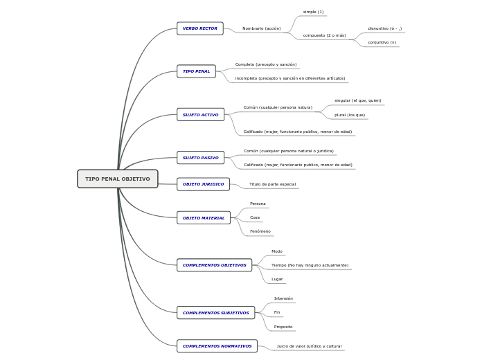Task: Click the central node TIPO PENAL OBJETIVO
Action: [x=118, y=179]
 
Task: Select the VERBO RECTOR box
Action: [x=200, y=28]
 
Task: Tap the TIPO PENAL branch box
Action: [x=196, y=71]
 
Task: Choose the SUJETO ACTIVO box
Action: [x=200, y=114]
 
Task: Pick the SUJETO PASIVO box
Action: [x=200, y=158]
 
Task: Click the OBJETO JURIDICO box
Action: [x=203, y=184]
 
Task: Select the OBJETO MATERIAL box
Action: [x=204, y=218]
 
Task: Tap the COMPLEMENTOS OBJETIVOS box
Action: [x=214, y=265]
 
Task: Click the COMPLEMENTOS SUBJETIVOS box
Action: [x=215, y=313]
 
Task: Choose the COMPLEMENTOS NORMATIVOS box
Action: [x=217, y=346]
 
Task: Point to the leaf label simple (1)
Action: [x=313, y=12]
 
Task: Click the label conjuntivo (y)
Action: [x=382, y=42]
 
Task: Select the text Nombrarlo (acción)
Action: [x=261, y=28]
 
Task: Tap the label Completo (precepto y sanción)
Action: [x=266, y=64]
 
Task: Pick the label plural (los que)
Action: [x=350, y=115]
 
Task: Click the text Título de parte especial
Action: [x=272, y=184]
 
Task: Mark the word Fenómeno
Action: [x=260, y=231]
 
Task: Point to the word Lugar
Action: [x=277, y=279]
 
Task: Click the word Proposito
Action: [x=283, y=327]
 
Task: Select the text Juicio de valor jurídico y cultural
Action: [x=309, y=346]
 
